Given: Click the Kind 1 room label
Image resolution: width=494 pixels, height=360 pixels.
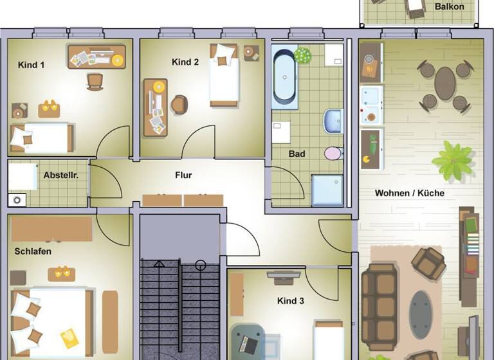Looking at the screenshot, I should (32, 65).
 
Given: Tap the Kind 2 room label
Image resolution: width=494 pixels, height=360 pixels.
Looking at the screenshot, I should (185, 62).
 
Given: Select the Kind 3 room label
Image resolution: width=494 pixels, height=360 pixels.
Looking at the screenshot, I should (291, 301).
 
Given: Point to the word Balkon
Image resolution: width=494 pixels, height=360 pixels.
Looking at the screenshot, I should (449, 7).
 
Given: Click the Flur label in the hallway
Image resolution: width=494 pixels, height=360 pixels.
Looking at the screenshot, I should (183, 175).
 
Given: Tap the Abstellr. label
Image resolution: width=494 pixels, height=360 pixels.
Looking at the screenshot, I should (65, 175).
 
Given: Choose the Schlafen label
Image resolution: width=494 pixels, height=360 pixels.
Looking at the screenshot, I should (33, 251).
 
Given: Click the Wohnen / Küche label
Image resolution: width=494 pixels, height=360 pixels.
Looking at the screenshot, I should (410, 193).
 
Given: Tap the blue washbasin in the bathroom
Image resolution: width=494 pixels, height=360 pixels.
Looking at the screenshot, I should (333, 120).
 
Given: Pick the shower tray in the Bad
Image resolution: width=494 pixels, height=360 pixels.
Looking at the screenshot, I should (327, 190).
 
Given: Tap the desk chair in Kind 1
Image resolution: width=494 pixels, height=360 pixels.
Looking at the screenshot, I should (95, 80).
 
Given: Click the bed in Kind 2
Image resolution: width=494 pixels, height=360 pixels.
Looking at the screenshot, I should (224, 76).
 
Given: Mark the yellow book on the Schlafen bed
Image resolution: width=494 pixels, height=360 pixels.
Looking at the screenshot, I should (69, 337).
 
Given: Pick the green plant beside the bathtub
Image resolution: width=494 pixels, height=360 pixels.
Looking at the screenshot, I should (302, 55).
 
